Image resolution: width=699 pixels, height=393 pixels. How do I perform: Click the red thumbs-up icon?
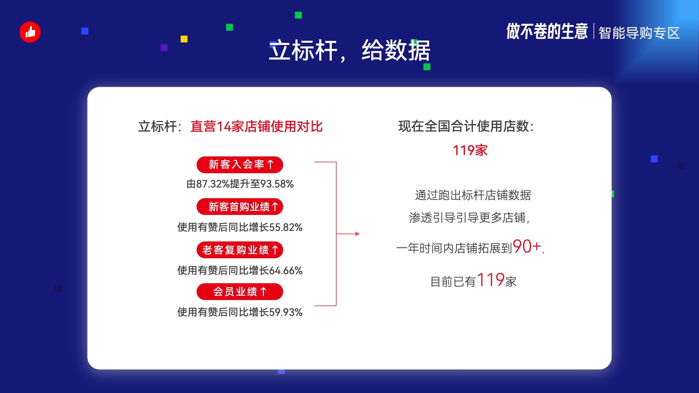(30, 32)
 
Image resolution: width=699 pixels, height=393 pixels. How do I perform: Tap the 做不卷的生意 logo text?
(547, 32)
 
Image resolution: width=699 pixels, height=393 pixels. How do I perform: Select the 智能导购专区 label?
(639, 33)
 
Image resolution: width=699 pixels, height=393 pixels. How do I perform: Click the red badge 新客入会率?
(240, 165)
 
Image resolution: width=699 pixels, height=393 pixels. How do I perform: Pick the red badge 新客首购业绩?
(240, 207)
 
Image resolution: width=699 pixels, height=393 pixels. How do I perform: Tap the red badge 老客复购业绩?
(240, 250)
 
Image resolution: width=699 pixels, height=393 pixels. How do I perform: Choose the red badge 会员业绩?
(240, 292)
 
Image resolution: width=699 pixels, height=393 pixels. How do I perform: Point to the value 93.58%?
(277, 184)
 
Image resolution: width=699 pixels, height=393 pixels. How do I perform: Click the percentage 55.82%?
(285, 227)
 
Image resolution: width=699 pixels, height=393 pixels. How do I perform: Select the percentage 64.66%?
(285, 270)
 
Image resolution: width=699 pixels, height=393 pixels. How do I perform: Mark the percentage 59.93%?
(285, 312)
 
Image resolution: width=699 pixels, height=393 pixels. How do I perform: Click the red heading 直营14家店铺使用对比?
(257, 126)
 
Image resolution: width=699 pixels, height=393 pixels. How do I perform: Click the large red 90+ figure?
(527, 246)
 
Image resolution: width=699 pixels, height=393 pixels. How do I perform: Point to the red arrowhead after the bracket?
(358, 234)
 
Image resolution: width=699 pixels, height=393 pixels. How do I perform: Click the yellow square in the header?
(184, 39)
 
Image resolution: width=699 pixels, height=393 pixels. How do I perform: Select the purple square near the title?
(164, 48)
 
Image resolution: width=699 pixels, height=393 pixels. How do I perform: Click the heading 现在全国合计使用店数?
(466, 126)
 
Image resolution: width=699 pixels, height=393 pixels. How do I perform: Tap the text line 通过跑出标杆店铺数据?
(473, 195)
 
